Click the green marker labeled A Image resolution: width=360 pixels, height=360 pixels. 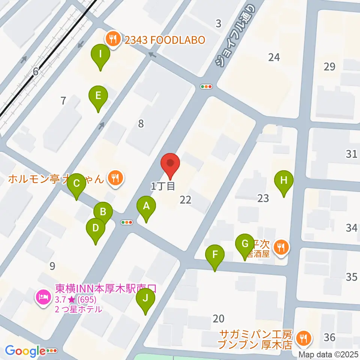click(x=146, y=206)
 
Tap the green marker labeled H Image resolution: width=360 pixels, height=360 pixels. click(x=284, y=180)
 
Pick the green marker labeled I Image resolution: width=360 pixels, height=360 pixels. click(x=100, y=54)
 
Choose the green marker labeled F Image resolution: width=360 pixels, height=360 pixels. click(x=215, y=255)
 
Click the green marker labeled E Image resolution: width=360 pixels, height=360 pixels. click(x=98, y=96)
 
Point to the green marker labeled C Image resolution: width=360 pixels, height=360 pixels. click(x=76, y=184)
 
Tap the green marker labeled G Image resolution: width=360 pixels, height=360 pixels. click(x=245, y=244)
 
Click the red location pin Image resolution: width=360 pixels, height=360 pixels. click(x=170, y=164)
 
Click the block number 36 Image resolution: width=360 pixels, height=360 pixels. click(x=329, y=337)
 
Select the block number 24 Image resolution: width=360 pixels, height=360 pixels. click(x=274, y=57)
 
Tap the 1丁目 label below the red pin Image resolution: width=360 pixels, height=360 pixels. click(x=163, y=186)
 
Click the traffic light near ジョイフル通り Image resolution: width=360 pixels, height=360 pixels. click(x=207, y=87)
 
